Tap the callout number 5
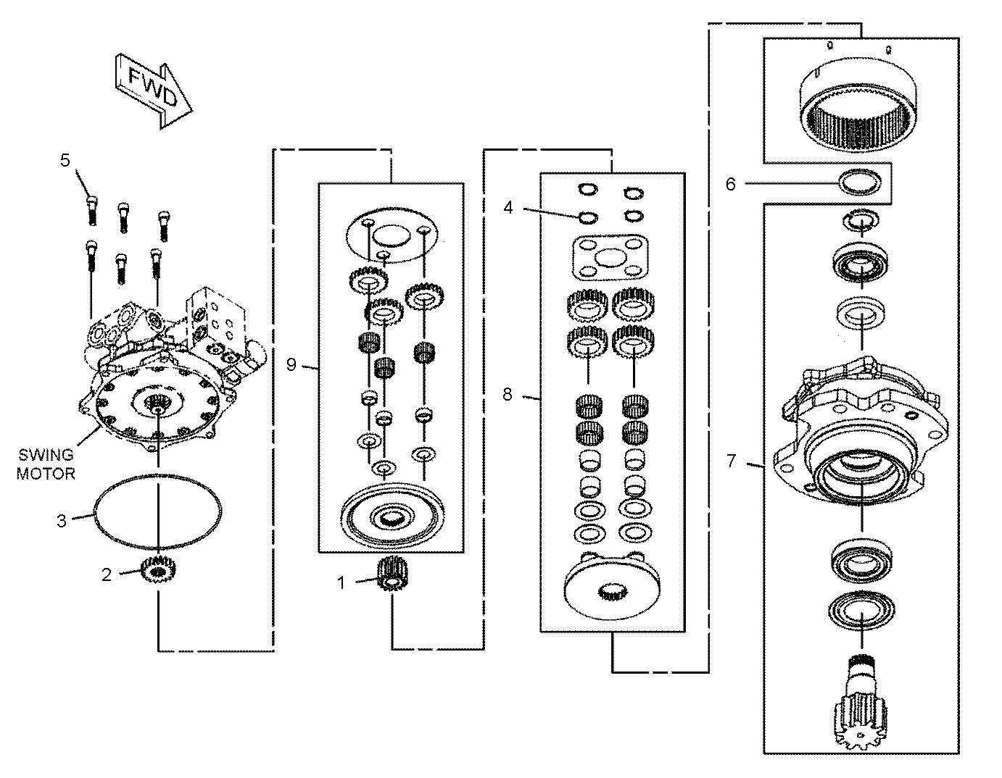(65, 160)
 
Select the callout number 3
(62, 521)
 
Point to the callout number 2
(107, 575)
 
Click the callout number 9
(291, 365)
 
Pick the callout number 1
(341, 583)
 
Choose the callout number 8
(508, 394)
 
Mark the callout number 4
(508, 208)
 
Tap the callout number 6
(731, 184)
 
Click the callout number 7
(732, 461)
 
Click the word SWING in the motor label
(46, 455)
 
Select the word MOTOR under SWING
(46, 474)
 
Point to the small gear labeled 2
(159, 571)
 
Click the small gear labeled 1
(392, 574)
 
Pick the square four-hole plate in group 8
(610, 258)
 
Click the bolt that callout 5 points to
(92, 210)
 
